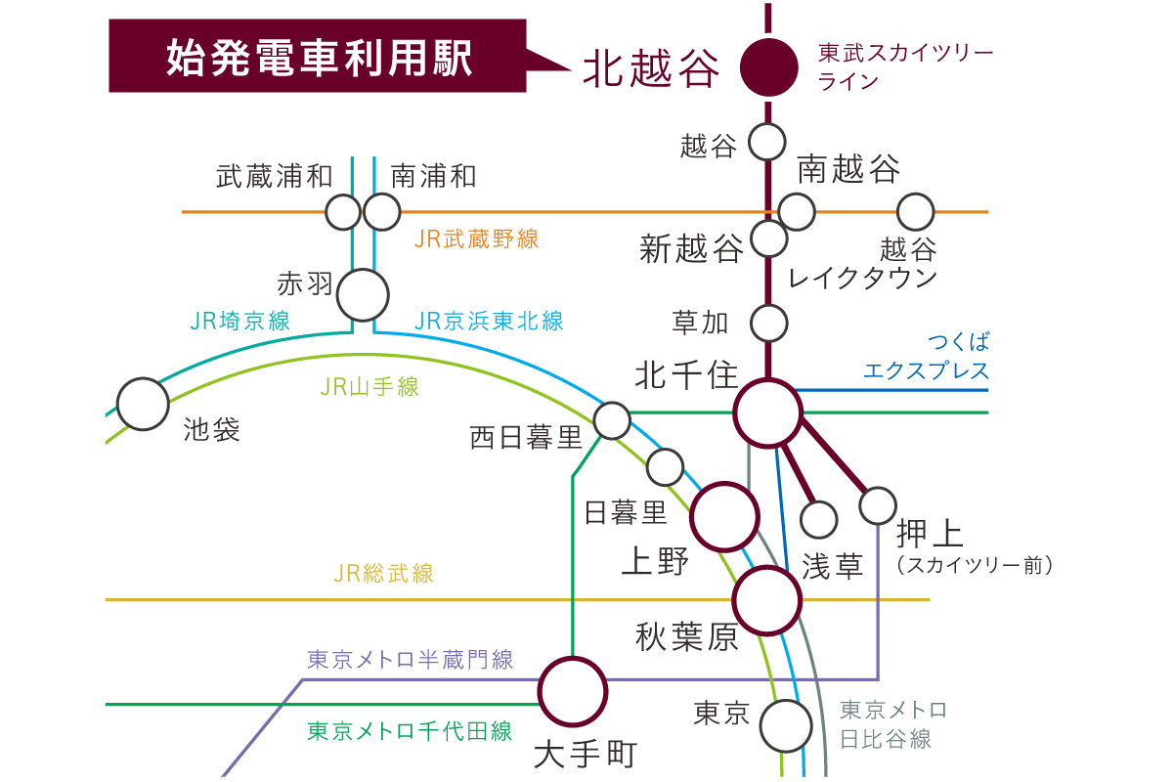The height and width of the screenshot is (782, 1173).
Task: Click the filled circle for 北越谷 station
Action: click(767, 67)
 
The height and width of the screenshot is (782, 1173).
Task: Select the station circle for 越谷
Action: click(767, 143)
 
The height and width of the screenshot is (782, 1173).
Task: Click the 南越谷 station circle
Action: click(797, 210)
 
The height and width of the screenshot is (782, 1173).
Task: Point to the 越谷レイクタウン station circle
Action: click(916, 210)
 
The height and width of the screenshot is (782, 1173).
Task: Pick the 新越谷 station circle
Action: click(768, 238)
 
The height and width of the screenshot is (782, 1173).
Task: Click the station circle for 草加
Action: click(768, 321)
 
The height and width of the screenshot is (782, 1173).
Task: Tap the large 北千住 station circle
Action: click(768, 414)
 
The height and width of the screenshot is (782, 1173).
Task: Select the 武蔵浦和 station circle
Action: click(343, 210)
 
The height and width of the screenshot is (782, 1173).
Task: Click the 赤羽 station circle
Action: click(362, 294)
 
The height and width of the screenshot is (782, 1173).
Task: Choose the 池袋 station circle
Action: click(143, 404)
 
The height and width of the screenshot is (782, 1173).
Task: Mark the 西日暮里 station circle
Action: click(613, 420)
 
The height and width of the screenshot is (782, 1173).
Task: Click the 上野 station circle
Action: click(725, 516)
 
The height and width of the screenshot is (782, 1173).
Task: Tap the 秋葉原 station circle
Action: click(767, 602)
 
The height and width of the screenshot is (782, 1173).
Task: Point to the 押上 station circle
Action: click(878, 505)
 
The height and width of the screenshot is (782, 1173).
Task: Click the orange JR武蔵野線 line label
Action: click(476, 239)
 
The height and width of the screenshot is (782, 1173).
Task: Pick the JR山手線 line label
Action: click(369, 387)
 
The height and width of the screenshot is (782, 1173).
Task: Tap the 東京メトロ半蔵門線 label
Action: click(411, 660)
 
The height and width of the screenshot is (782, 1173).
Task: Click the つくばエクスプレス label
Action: click(926, 356)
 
